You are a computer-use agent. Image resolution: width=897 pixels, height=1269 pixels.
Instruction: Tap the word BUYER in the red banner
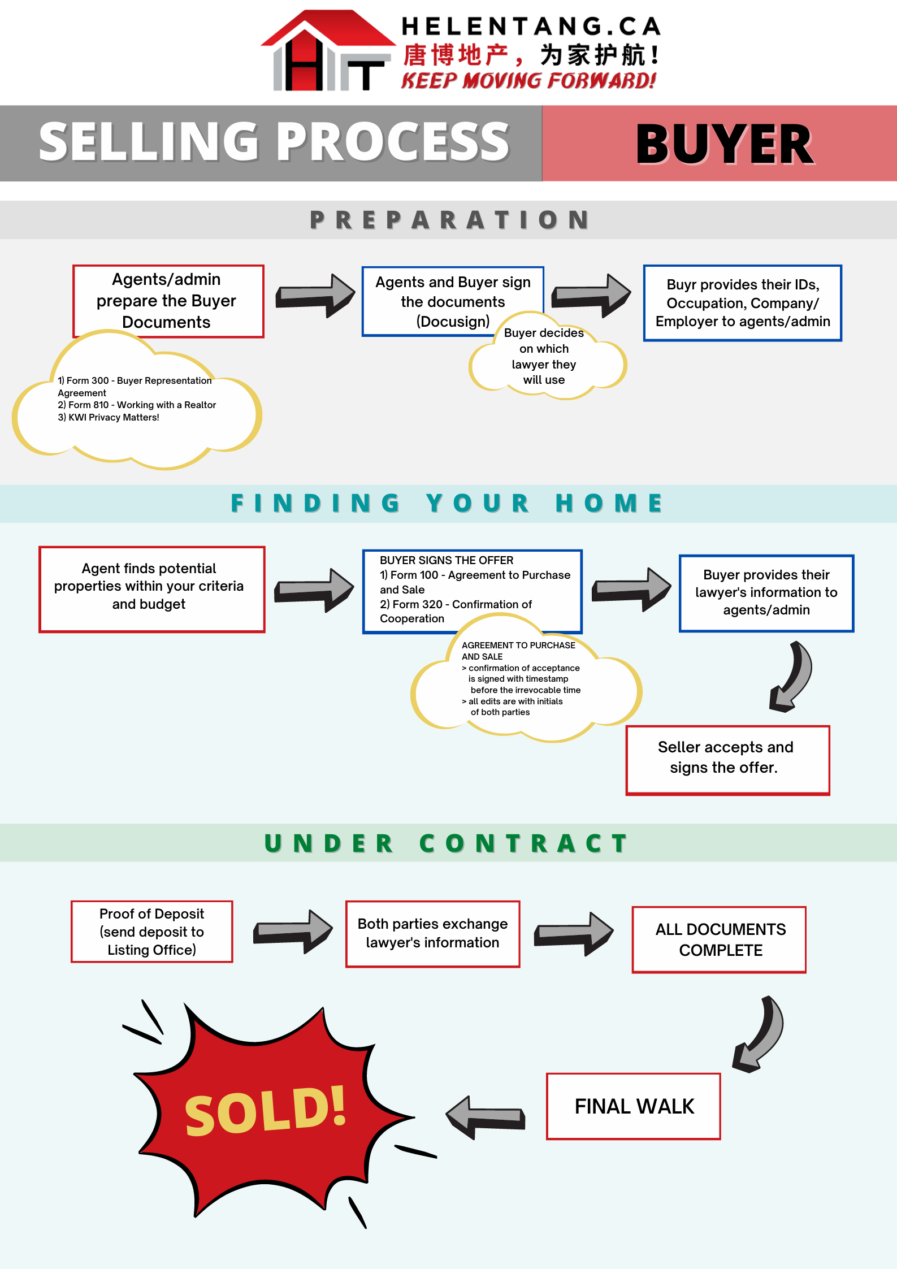coord(725,145)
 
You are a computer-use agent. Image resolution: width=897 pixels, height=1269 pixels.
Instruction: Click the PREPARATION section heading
coord(449,220)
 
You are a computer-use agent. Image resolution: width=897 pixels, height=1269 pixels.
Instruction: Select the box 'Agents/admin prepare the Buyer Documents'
coord(168,300)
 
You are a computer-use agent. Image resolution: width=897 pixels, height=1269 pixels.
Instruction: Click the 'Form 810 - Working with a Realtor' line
coord(137,405)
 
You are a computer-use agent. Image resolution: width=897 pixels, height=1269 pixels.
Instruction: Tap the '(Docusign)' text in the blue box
coord(453,322)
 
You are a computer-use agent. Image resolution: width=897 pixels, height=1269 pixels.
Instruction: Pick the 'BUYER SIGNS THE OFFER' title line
coord(447,560)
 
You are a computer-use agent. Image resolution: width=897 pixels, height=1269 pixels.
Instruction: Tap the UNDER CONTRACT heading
coord(447,843)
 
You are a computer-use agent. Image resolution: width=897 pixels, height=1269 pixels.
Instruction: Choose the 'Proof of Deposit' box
coord(151,931)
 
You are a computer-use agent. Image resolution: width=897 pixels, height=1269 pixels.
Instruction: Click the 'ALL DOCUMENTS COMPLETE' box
coord(719,939)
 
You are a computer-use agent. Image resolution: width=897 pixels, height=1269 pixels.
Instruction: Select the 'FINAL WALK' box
coord(633,1106)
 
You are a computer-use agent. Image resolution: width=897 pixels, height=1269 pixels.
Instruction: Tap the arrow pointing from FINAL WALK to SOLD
coord(486,1116)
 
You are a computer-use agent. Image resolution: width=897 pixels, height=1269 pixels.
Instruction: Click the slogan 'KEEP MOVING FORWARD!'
coord(528,81)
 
